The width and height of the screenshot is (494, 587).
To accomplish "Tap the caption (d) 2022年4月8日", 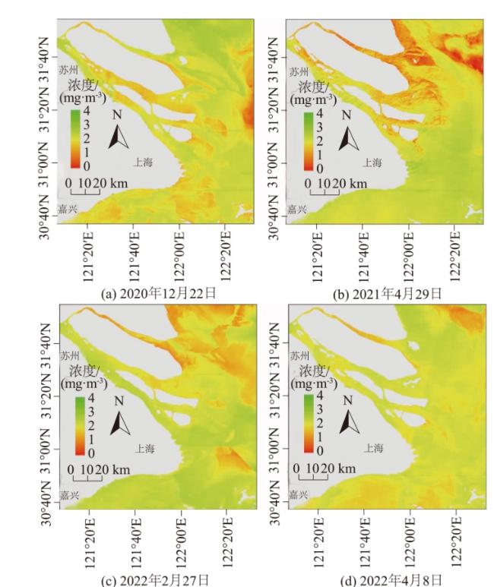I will coord(387,580).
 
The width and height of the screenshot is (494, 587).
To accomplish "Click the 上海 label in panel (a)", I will coord(143,162).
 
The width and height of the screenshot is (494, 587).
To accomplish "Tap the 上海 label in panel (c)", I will coord(145,448).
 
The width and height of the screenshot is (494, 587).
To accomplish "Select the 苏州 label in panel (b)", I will coord(299,71).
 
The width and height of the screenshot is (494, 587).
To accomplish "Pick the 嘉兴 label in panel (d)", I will coord(300,494).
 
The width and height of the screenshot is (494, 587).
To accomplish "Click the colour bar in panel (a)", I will coord(74,139).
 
